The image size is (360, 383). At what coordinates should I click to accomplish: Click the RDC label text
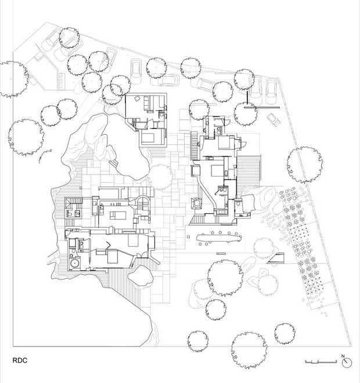[20, 360]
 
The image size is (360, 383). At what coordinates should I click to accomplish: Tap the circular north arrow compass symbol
[347, 363]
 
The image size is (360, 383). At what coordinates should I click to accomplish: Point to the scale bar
[321, 361]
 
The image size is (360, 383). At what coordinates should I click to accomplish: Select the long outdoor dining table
[219, 238]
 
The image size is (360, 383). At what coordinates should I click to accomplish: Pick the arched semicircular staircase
[142, 202]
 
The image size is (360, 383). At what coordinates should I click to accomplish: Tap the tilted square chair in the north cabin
[137, 98]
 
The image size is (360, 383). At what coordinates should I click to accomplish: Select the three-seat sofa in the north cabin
[147, 103]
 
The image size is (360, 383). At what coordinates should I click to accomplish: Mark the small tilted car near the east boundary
[273, 120]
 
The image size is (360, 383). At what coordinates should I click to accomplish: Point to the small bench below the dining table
[221, 253]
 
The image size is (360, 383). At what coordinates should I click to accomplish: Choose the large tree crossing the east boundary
[305, 165]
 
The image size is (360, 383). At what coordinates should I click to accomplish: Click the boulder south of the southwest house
[141, 275]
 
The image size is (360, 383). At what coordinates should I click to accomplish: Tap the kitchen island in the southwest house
[118, 216]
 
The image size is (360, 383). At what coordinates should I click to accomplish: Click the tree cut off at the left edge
[13, 80]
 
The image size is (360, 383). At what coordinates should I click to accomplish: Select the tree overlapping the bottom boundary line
[249, 350]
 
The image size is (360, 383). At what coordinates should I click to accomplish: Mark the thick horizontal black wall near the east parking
[262, 108]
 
